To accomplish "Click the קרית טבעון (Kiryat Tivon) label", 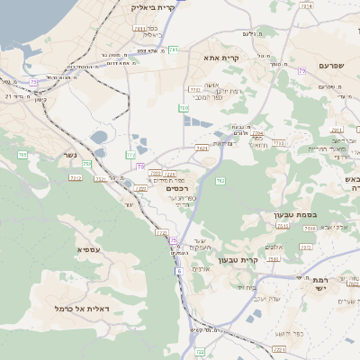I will pos(263,260).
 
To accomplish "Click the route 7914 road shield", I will pos(307,6).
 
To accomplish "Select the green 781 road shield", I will pos(173,49).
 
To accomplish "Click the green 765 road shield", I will pos(184,108).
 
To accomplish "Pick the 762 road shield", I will pos(220,181).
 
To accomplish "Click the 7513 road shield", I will pos(309,229).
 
